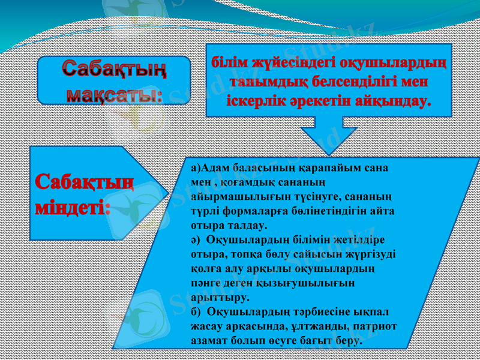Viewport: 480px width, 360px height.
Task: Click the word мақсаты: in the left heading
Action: (114, 94)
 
